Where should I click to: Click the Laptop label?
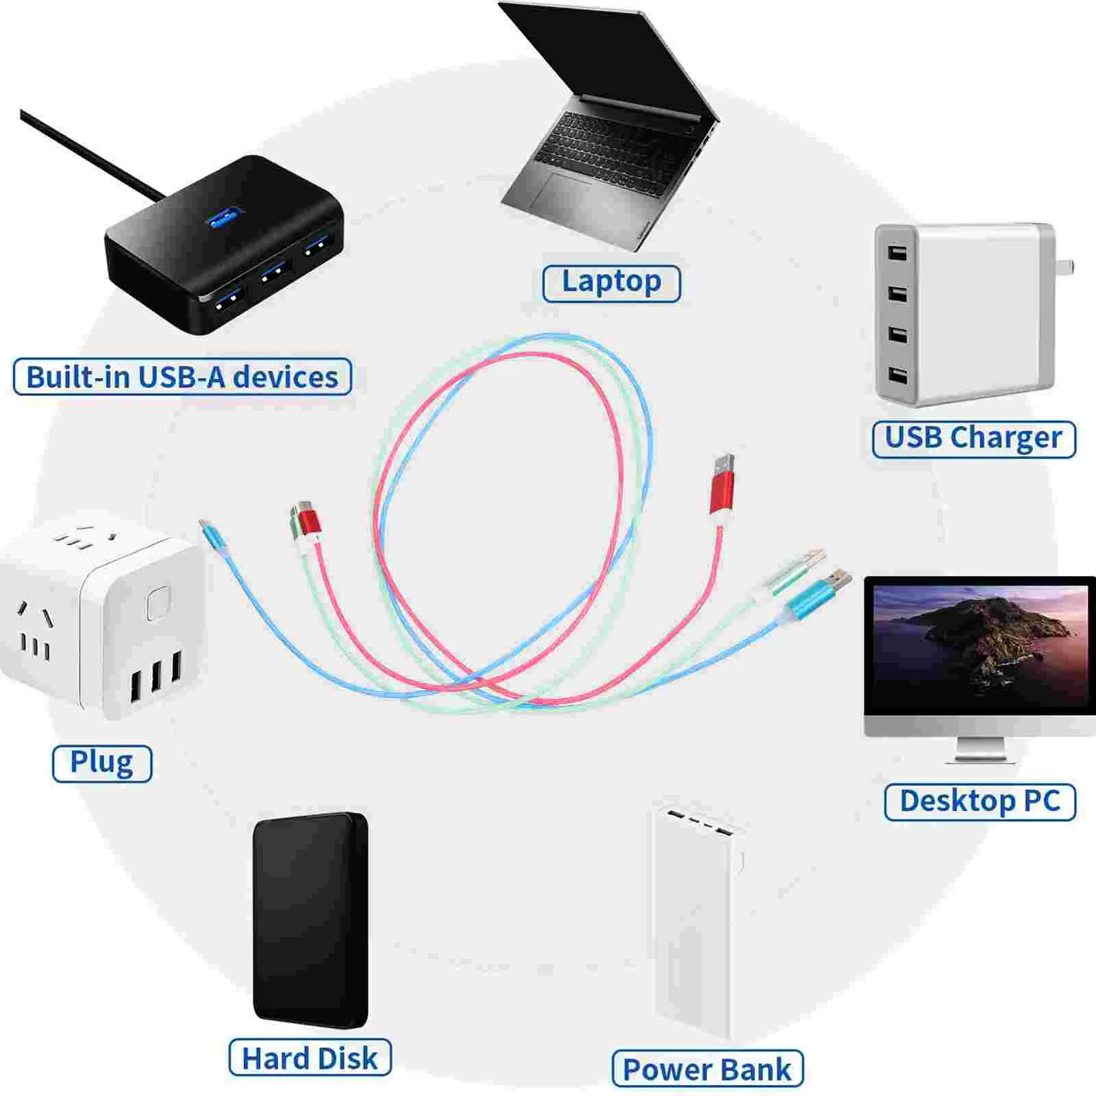point(611,283)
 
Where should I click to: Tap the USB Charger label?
point(973,438)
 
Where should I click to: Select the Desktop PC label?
point(980,801)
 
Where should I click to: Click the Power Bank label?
point(707,1069)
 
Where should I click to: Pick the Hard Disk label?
point(310,1058)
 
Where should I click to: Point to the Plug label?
point(101,763)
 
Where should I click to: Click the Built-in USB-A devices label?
point(182,377)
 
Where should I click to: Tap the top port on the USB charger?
point(897,252)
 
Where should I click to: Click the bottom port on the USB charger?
point(897,375)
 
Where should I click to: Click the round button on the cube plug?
point(158,603)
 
